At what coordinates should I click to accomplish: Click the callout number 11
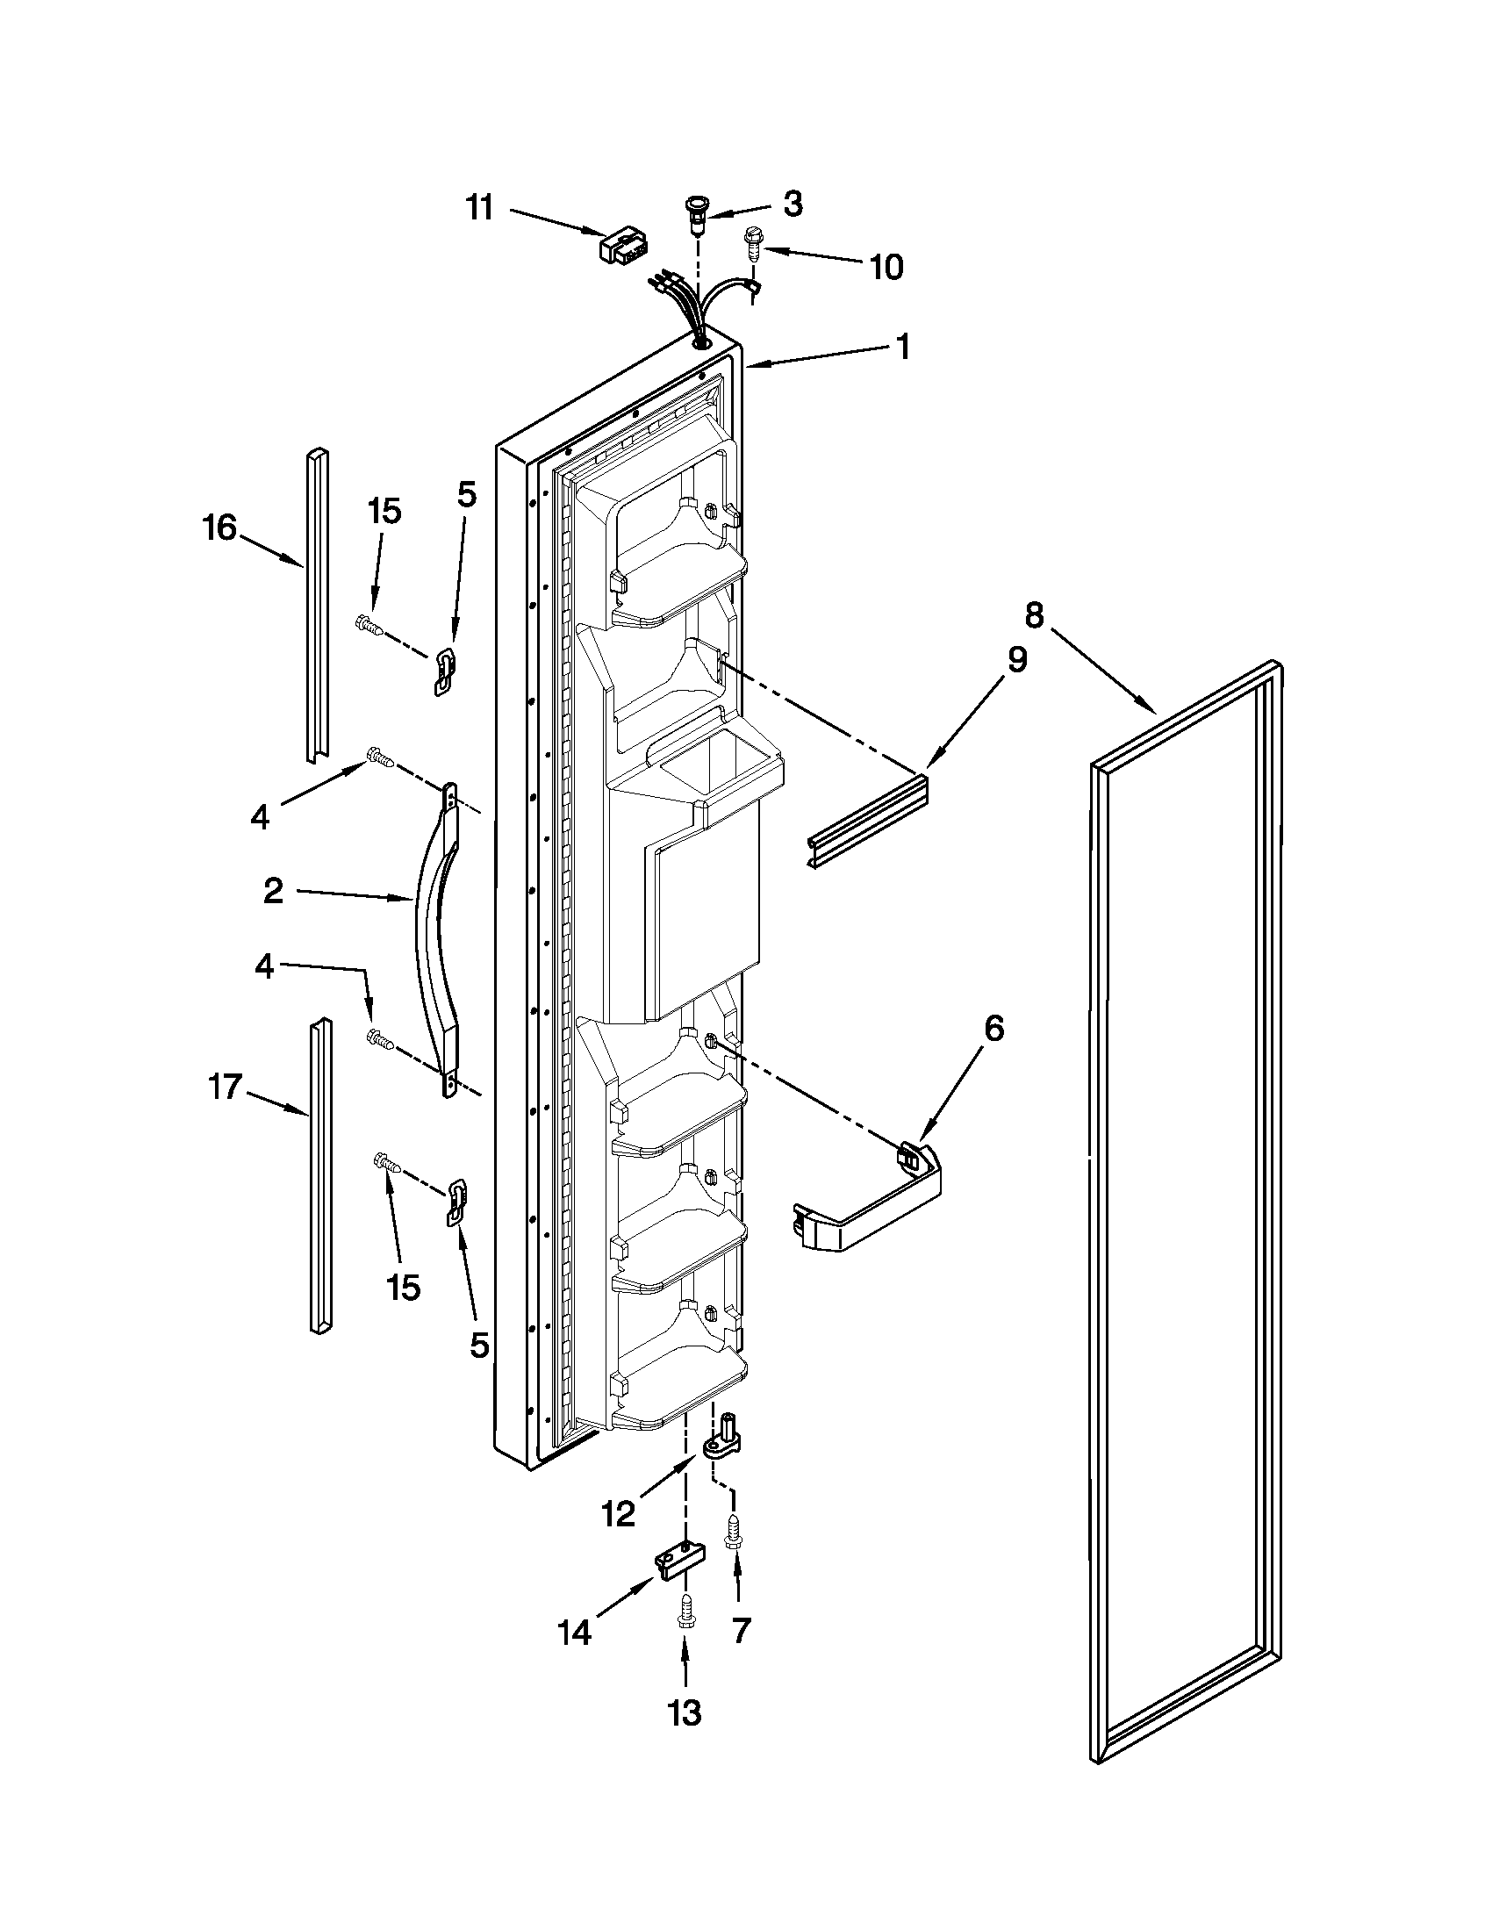(x=480, y=210)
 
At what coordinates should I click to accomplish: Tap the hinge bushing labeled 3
(x=697, y=213)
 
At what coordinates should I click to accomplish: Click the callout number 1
(x=902, y=347)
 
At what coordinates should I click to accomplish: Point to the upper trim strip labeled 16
(x=317, y=606)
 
